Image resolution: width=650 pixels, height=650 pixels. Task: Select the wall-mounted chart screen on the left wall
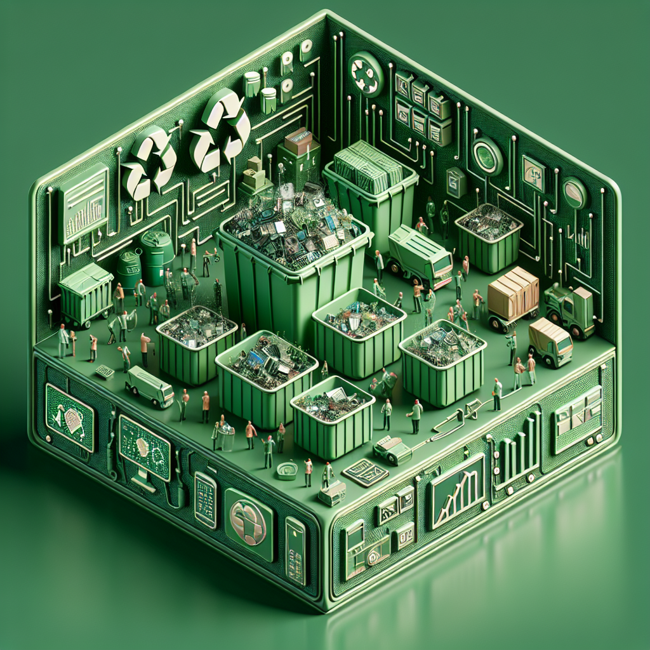[84, 203]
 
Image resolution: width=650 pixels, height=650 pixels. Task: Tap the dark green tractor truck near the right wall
[569, 310]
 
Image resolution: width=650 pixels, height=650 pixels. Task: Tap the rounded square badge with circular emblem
[249, 515]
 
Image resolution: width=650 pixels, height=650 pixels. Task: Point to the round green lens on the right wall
[487, 156]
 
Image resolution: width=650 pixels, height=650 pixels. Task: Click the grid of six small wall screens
[422, 107]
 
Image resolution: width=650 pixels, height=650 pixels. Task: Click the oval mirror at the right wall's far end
[575, 192]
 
